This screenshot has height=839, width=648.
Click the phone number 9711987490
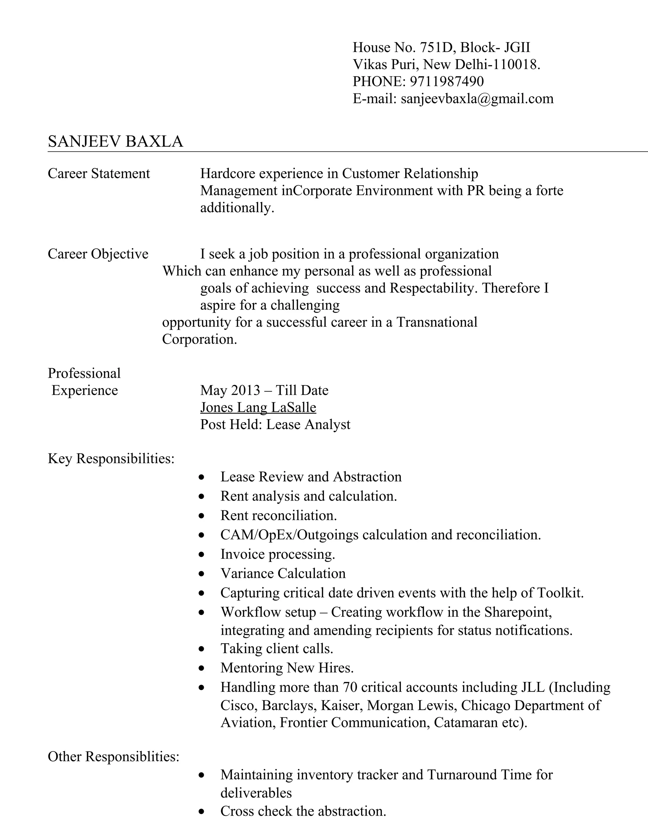click(447, 81)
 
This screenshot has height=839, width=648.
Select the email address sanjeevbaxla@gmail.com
click(477, 99)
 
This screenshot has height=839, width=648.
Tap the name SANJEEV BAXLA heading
click(115, 142)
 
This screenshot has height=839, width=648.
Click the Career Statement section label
click(99, 173)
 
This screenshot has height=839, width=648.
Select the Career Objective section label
click(98, 254)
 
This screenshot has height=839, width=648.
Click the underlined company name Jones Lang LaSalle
click(258, 407)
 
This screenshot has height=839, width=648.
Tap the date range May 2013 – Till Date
click(264, 390)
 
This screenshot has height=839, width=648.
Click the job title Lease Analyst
click(308, 425)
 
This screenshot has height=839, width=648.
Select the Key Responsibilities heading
click(111, 458)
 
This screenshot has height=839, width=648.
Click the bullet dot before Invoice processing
click(202, 555)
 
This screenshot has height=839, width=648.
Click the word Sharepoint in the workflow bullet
click(518, 612)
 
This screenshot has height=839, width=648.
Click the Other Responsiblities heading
click(113, 756)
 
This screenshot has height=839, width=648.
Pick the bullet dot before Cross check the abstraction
click(202, 812)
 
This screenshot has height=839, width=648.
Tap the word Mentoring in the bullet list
click(252, 668)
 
